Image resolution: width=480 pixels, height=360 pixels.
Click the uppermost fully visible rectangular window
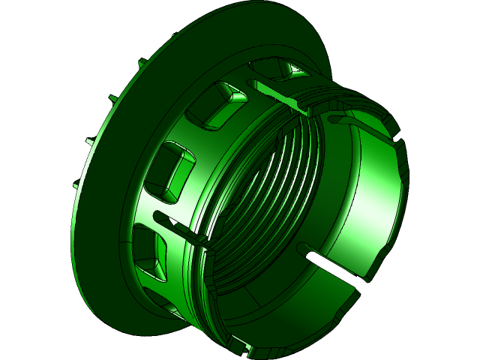[x=217, y=105]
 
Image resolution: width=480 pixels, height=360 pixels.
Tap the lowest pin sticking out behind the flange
[x=76, y=184]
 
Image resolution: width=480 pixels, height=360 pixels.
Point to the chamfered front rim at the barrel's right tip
[x=402, y=180]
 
